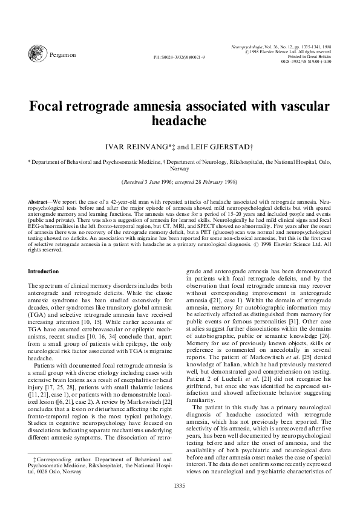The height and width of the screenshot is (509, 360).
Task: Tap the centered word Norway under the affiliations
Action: pyautogui.click(x=180, y=170)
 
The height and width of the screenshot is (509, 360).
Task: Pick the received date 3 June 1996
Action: pyautogui.click(x=159, y=181)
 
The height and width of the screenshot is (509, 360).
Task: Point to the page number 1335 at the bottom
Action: pyautogui.click(x=180, y=485)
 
